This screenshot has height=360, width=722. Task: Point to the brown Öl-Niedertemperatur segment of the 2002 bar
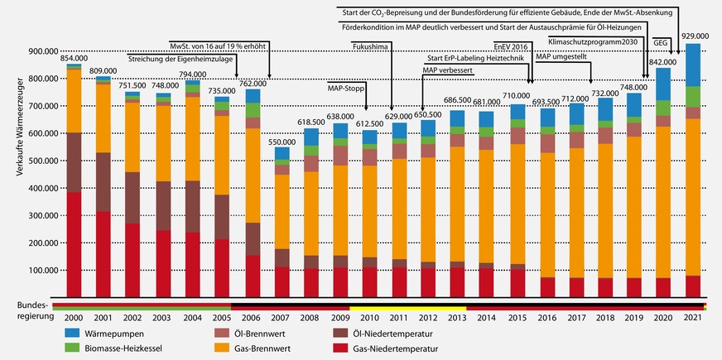pyautogui.click(x=132, y=198)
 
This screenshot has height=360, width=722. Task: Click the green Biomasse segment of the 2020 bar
pyautogui.click(x=662, y=108)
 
